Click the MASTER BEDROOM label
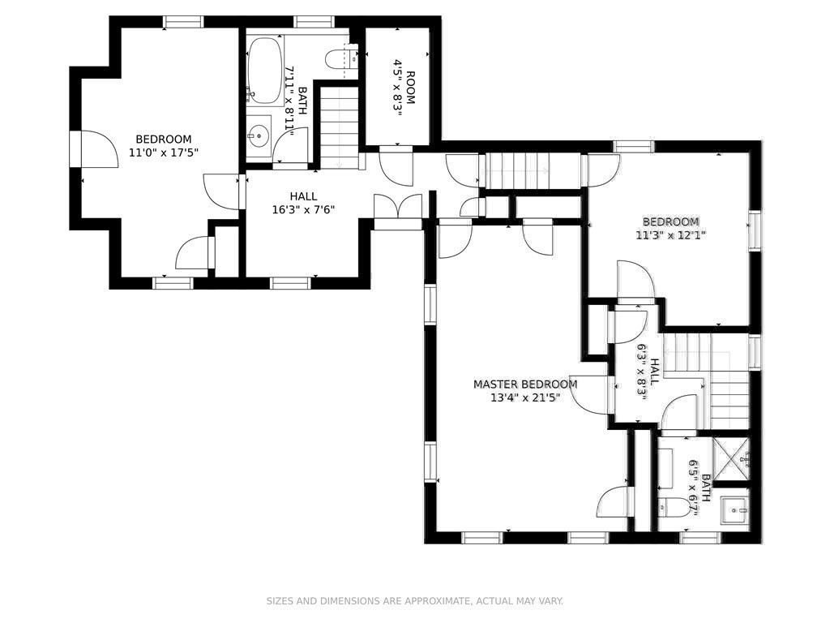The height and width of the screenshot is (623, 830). tap(525, 385)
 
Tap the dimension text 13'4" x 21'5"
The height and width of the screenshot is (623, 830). tap(525, 398)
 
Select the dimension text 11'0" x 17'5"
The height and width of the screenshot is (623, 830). tap(164, 152)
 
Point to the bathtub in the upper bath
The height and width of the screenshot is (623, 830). tap(264, 70)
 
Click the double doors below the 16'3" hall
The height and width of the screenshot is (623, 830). tap(398, 208)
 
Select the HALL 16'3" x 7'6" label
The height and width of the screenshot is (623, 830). tap(304, 202)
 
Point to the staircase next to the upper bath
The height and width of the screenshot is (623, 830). tap(339, 126)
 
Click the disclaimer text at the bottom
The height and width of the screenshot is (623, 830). tap(415, 601)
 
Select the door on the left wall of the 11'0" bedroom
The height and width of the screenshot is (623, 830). tap(96, 149)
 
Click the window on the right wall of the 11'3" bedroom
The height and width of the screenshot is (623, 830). tap(755, 230)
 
